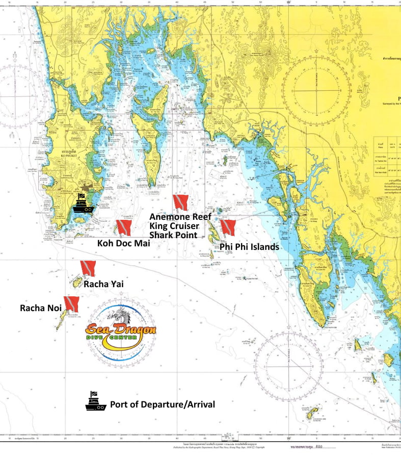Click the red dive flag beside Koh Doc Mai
[124, 227]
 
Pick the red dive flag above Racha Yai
[88, 268]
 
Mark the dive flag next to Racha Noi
[71, 304]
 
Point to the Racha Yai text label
[103, 284]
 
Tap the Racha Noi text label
[40, 308]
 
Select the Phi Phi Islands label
[249, 247]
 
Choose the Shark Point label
[173, 235]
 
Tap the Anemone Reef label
[180, 216]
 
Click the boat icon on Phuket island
[82, 203]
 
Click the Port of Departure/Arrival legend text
[163, 404]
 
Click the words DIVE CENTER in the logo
[120, 338]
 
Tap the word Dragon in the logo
[136, 329]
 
